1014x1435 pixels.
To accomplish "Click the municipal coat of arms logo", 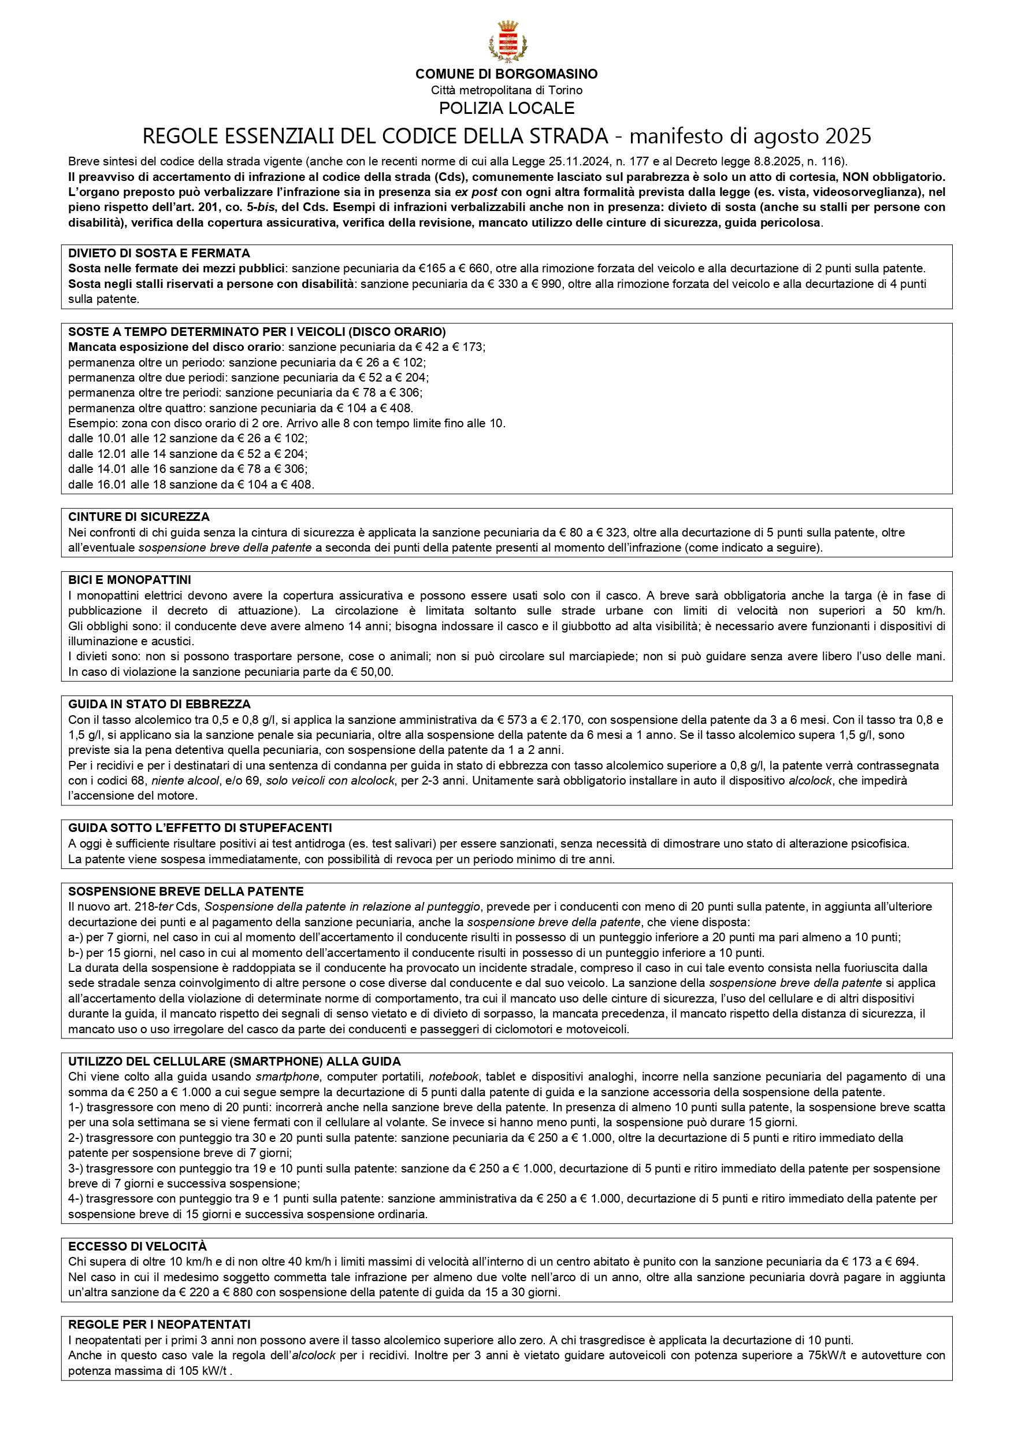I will point(507,42).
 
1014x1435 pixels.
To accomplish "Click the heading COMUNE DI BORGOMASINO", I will point(507,75).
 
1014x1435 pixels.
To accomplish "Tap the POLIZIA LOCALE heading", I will point(507,108).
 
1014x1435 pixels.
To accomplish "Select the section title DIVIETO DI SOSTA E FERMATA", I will point(159,253).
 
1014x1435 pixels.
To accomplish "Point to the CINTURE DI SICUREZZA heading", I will point(139,517).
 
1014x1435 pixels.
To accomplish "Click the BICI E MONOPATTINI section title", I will point(129,580).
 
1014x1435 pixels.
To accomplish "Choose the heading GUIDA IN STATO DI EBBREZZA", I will point(159,704).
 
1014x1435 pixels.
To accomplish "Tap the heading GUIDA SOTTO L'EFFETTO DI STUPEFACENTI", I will point(200,828).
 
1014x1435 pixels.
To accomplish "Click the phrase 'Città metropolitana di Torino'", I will point(507,91).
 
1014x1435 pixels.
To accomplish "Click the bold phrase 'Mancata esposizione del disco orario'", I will point(175,347).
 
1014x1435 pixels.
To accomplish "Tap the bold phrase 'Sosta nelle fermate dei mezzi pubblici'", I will point(177,269).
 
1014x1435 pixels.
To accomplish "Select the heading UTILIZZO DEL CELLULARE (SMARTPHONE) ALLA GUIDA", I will point(234,1062).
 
